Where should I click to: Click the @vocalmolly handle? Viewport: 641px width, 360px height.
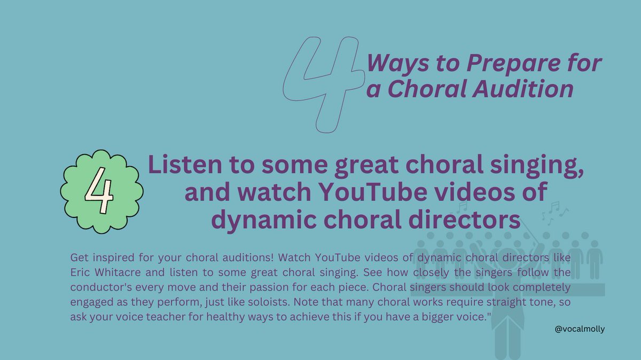point(580,330)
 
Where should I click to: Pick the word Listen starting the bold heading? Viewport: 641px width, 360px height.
point(181,167)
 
